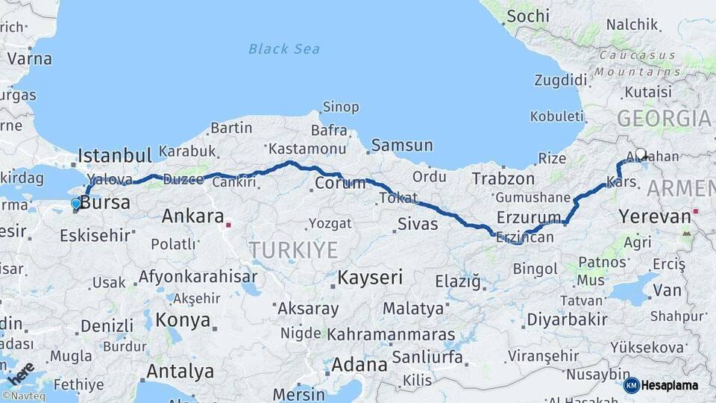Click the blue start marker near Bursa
click(x=75, y=203)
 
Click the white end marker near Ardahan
click(x=640, y=154)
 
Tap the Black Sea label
click(x=284, y=49)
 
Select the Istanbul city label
click(x=115, y=156)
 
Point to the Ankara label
click(x=192, y=216)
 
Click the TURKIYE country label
click(x=293, y=250)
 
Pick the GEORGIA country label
click(x=664, y=119)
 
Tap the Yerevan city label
click(x=655, y=217)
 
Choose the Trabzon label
click(x=503, y=179)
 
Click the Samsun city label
click(x=401, y=146)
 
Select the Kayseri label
click(x=370, y=278)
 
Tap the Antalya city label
click(x=180, y=371)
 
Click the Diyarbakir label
click(x=567, y=319)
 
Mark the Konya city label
click(x=183, y=321)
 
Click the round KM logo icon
click(x=631, y=386)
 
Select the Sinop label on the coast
click(x=339, y=107)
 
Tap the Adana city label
click(x=359, y=365)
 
